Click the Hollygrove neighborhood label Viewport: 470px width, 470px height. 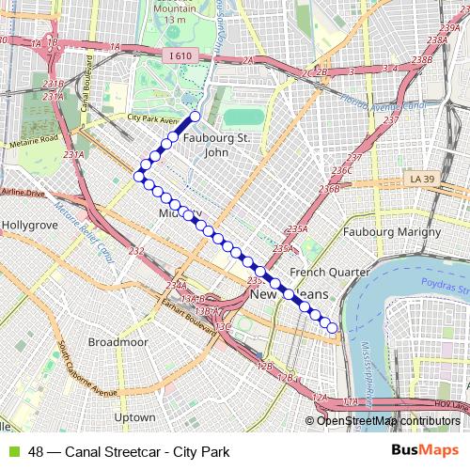tap(30, 226)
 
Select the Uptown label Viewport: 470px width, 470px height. tap(133, 416)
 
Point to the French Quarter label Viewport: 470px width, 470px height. tap(321, 273)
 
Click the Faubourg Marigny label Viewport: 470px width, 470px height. tap(392, 231)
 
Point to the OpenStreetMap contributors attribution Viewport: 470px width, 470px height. tap(387, 421)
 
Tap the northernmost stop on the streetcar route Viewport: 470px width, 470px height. tap(195, 117)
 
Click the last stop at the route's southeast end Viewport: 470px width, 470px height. tap(333, 328)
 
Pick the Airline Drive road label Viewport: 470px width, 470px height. tap(23, 192)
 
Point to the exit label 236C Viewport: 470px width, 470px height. tap(342, 170)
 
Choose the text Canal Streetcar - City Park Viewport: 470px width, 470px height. tap(148, 452)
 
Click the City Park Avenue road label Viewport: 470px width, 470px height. tap(153, 120)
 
